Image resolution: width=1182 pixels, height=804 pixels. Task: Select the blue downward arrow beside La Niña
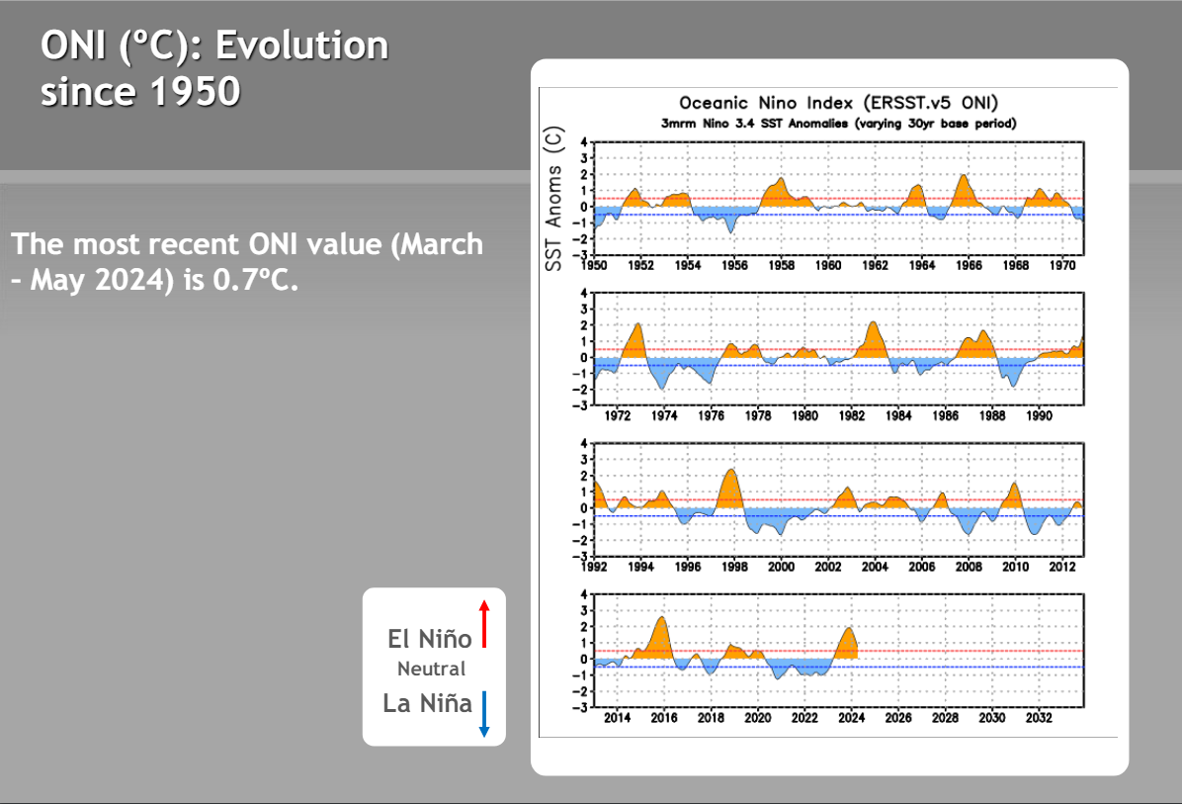click(484, 714)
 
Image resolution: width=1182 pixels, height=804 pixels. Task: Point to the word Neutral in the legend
click(431, 669)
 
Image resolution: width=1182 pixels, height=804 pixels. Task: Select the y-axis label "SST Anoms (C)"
click(555, 198)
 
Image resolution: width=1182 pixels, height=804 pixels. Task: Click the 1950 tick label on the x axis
click(594, 265)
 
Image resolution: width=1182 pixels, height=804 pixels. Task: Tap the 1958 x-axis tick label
click(782, 265)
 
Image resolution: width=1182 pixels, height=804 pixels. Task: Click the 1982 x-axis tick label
click(851, 416)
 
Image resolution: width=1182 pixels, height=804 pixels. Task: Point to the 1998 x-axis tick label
click(733, 567)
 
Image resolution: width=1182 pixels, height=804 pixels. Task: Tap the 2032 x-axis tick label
click(1039, 718)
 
